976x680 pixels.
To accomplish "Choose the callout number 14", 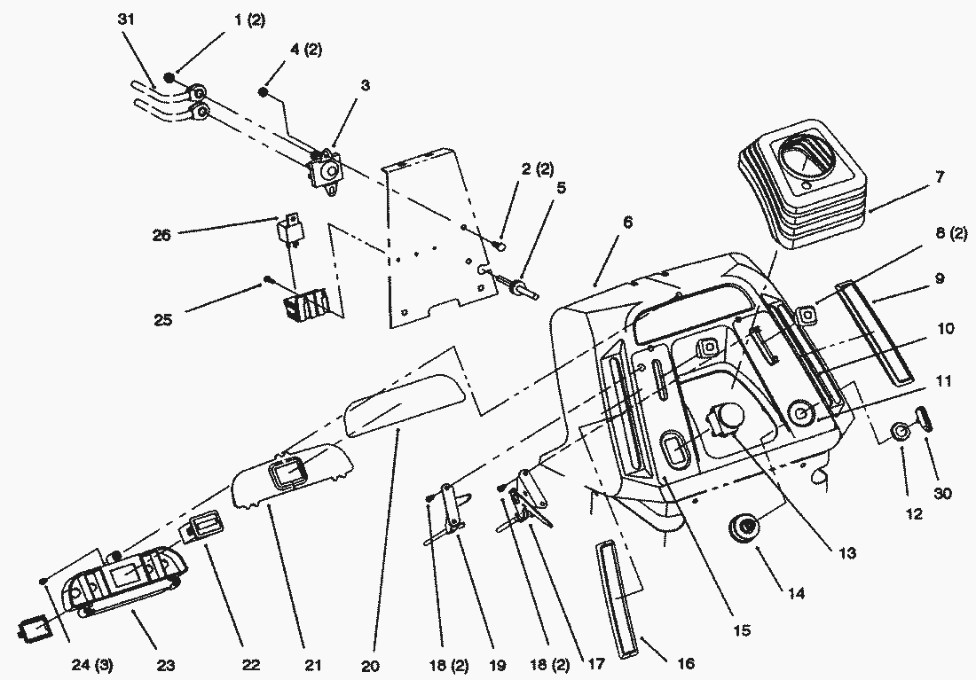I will click(796, 594).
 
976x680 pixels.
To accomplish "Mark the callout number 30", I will click(942, 492).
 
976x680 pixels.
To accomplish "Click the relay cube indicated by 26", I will click(293, 228).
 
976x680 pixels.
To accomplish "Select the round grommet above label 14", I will click(743, 528).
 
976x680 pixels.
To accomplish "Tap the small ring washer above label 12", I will click(900, 433).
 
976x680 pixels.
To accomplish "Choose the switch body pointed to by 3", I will click(327, 169).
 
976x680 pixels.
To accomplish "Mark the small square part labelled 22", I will click(201, 529).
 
